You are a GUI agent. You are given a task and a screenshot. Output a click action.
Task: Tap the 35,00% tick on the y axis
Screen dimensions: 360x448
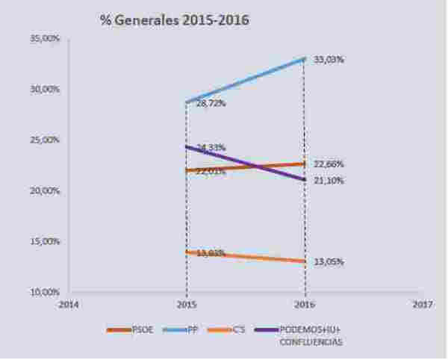(x=47, y=38)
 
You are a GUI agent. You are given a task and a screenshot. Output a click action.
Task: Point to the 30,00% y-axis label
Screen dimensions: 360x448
(x=47, y=89)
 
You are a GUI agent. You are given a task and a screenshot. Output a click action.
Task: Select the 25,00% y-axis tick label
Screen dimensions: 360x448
(x=47, y=140)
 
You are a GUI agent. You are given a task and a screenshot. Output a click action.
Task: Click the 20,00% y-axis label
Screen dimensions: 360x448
(x=47, y=190)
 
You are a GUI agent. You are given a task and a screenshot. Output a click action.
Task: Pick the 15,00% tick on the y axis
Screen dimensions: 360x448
(x=47, y=241)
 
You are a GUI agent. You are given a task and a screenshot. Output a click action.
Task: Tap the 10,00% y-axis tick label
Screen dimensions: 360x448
(x=47, y=291)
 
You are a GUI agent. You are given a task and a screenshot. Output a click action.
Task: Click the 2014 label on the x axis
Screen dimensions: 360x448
(x=68, y=305)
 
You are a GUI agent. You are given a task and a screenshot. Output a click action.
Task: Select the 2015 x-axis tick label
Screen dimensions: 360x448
(x=186, y=305)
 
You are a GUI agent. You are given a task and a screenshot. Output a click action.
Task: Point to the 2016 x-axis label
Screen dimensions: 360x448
(x=305, y=305)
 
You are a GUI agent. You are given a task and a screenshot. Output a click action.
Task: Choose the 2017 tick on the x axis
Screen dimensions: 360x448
(x=423, y=305)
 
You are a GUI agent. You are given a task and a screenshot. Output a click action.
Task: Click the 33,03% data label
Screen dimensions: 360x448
(x=329, y=59)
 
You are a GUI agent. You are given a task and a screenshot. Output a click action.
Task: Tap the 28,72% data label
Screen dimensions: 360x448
(x=211, y=104)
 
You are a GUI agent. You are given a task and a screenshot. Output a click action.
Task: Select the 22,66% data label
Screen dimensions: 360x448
(x=329, y=164)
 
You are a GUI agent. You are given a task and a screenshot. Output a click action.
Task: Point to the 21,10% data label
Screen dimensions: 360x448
(x=329, y=180)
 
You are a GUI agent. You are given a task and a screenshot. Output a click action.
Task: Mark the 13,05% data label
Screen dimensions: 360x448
(x=329, y=261)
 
